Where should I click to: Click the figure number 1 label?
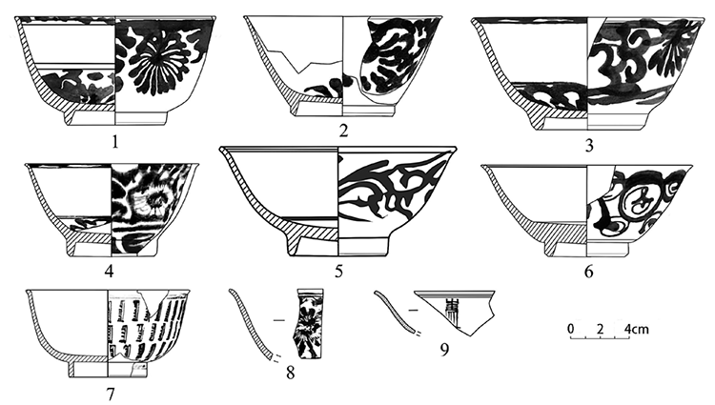115,143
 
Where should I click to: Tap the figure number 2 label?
344,132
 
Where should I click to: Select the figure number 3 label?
589,146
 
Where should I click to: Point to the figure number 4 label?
109,272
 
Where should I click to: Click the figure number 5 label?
338,272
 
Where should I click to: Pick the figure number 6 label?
589,272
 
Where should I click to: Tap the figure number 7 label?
110,395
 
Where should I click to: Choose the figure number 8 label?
290,374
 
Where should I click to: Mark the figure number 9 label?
444,350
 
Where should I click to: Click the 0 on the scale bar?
571,329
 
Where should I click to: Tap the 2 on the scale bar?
600,329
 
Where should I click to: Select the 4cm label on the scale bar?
636,329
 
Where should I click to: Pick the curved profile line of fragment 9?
395,312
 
